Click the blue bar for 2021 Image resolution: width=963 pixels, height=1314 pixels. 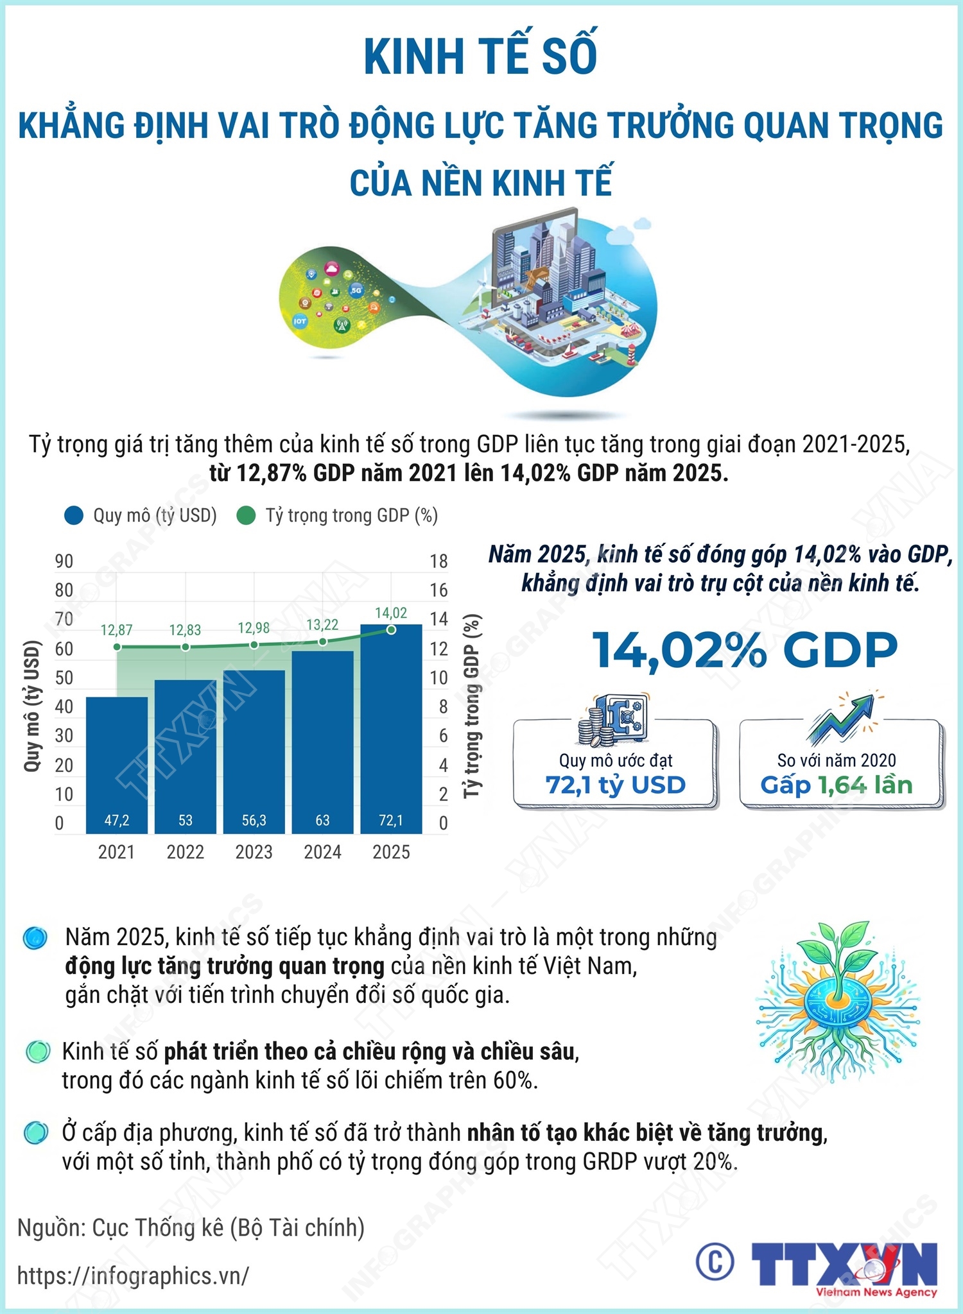116,764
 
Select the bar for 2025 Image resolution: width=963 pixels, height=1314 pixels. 391,728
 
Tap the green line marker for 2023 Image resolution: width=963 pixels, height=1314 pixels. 254,645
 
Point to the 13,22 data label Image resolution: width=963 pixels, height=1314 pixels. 322,625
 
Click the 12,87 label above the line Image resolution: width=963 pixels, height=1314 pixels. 116,630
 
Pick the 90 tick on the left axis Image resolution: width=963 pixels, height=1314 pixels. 64,561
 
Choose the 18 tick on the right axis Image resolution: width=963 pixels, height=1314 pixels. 438,561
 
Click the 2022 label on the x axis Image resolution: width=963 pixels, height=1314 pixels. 185,852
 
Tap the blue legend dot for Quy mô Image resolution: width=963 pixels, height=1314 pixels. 74,516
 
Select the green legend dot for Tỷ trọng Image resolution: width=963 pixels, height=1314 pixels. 247,516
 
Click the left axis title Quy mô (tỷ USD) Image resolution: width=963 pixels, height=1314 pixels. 32,706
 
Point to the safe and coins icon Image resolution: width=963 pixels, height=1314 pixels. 613,719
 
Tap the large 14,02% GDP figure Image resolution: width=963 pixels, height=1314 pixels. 745,650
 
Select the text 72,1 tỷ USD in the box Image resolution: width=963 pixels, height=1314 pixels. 616,785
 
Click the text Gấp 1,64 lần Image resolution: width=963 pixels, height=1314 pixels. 836,785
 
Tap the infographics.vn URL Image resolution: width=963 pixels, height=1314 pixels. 133,1276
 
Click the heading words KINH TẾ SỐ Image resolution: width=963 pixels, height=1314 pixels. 481,56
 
